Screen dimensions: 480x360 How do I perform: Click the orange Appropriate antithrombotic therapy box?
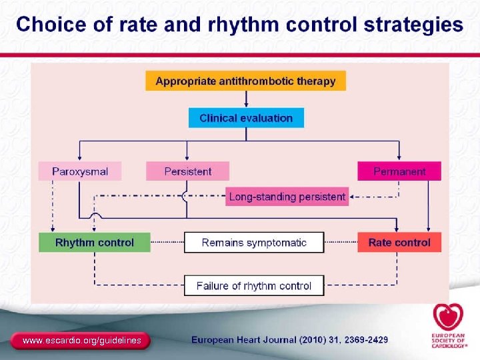pyautogui.click(x=245, y=81)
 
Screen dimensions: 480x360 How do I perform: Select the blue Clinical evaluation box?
pyautogui.click(x=246, y=118)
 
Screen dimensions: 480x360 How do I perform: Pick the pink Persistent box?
pyautogui.click(x=187, y=171)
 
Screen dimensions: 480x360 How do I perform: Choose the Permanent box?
pyautogui.click(x=399, y=171)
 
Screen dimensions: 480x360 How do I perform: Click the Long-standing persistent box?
pyautogui.click(x=287, y=197)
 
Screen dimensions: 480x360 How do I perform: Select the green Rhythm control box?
pyautogui.click(x=94, y=243)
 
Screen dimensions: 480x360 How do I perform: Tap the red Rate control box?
pyautogui.click(x=399, y=243)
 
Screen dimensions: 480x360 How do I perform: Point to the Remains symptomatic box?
pyautogui.click(x=254, y=243)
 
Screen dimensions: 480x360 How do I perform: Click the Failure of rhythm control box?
pyautogui.click(x=254, y=286)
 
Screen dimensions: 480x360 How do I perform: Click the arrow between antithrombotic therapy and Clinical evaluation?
pyautogui.click(x=246, y=99)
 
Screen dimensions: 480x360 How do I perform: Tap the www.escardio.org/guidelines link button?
pyautogui.click(x=81, y=341)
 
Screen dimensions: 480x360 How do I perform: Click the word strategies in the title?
pyautogui.click(x=413, y=25)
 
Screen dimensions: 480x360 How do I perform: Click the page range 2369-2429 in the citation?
pyautogui.click(x=364, y=340)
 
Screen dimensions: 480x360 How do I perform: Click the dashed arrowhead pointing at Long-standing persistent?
pyautogui.click(x=353, y=197)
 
